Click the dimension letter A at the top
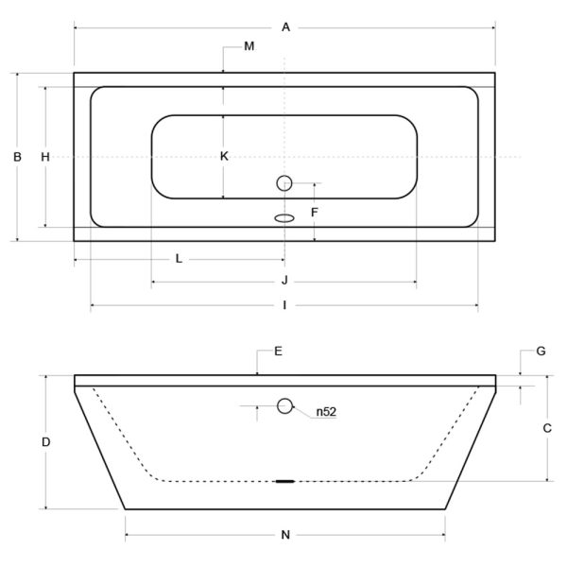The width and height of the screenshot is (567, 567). [285, 27]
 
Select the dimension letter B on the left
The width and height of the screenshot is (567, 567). [17, 157]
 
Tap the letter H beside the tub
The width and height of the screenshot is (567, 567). [45, 157]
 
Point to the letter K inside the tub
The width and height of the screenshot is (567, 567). [224, 156]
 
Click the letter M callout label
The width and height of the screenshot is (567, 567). [249, 46]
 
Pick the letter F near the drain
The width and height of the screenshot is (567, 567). [315, 213]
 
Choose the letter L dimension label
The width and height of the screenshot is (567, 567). [179, 259]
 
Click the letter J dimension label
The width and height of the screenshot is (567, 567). [284, 281]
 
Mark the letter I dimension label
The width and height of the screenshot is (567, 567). [284, 305]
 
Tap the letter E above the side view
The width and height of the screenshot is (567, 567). [278, 352]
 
